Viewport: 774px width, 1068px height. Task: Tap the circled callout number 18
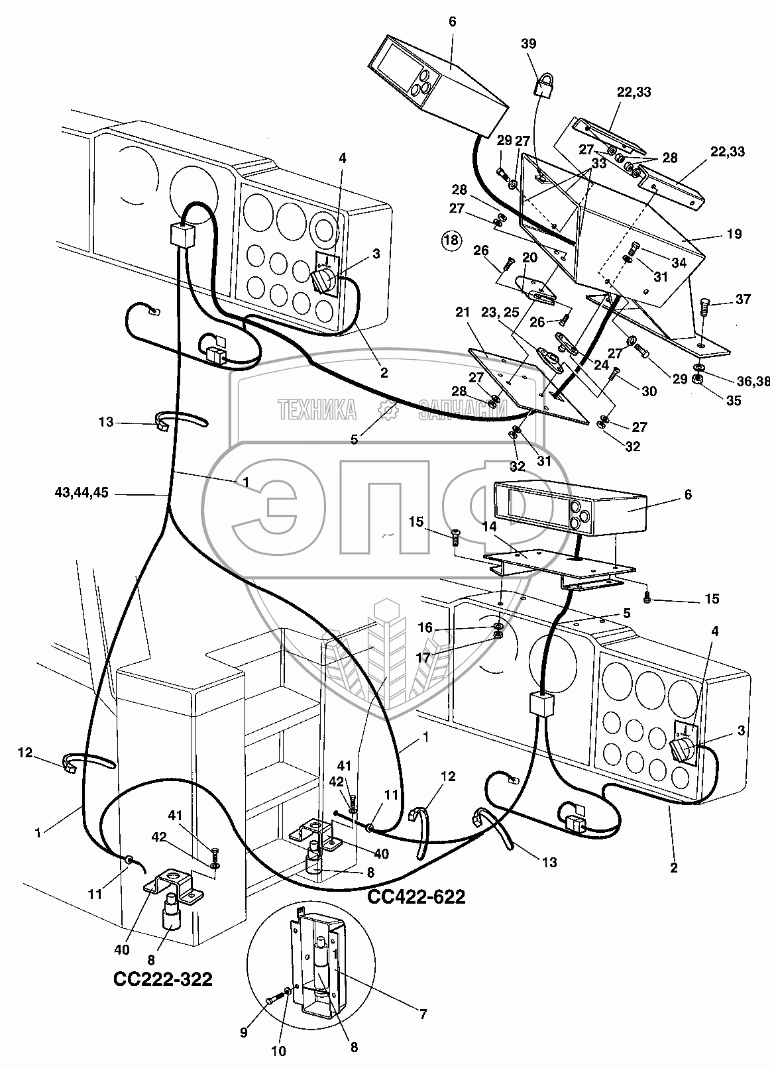click(x=451, y=240)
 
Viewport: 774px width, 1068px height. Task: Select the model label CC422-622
click(x=416, y=897)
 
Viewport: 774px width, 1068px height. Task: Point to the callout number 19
click(x=734, y=234)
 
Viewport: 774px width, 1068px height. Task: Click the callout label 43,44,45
click(x=82, y=493)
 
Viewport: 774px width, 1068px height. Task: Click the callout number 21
click(x=462, y=312)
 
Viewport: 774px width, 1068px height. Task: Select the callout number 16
click(x=425, y=627)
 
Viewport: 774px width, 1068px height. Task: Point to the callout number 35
click(x=734, y=400)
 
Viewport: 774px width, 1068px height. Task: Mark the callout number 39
click(x=528, y=43)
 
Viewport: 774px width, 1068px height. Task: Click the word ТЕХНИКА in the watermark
click(x=317, y=409)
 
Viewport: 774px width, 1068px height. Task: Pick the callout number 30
click(x=649, y=391)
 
